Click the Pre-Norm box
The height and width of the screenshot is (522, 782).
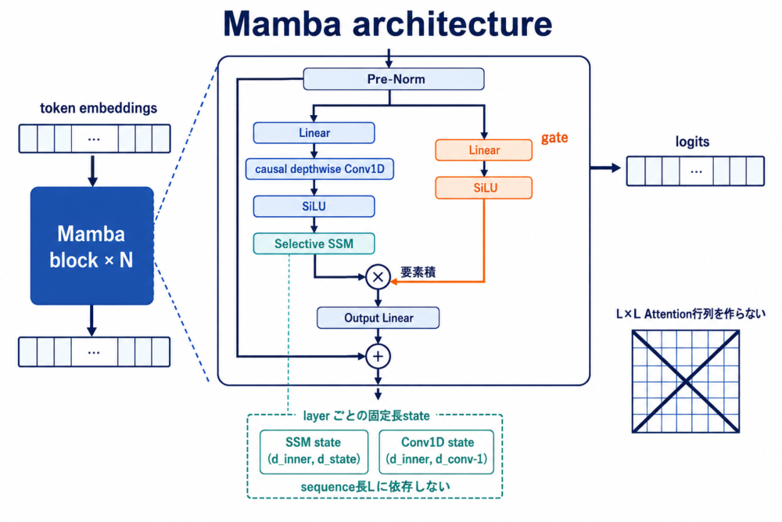pos(393,79)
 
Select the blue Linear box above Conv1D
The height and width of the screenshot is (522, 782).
pos(314,133)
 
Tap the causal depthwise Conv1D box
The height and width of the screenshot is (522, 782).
pos(320,169)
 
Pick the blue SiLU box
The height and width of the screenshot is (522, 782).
pos(314,206)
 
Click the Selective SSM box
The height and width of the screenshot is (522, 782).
pos(314,243)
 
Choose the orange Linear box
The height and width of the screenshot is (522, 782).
pos(484,150)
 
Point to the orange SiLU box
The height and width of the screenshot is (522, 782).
pos(484,188)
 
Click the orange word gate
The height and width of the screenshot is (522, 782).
pos(554,138)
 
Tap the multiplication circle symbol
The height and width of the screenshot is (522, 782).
pos(378,277)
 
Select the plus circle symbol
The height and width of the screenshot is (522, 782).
pos(378,356)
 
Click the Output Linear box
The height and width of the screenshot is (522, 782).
pos(378,318)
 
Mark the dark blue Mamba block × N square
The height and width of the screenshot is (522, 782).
pos(91,246)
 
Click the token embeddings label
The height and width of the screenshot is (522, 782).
pos(99,108)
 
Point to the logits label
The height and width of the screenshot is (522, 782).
pos(692,142)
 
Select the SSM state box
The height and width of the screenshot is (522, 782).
pos(314,452)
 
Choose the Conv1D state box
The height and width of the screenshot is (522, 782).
pos(436,452)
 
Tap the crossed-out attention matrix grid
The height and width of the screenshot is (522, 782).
pos(686,381)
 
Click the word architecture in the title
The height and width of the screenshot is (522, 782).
pos(452,23)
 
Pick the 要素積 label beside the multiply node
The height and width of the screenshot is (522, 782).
pos(418,272)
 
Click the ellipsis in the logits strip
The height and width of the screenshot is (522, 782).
pos(696,171)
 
